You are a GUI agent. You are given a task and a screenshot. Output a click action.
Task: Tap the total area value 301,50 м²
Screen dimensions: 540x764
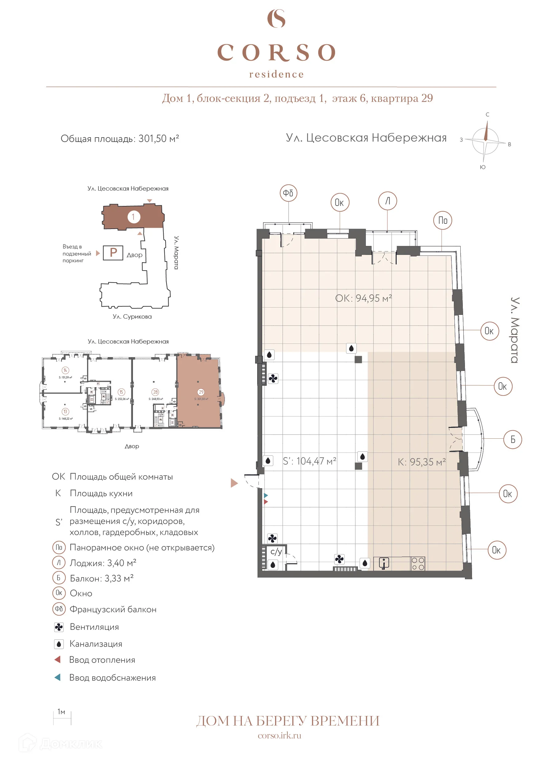pos(158,139)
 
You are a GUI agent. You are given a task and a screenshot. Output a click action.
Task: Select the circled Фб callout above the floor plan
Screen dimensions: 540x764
pos(288,193)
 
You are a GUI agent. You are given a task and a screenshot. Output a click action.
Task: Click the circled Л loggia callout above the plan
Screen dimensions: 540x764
pos(387,201)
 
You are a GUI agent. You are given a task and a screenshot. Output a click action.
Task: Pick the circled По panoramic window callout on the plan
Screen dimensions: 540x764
pos(442,220)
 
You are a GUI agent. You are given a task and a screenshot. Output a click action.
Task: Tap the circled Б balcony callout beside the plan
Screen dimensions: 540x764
pos(512,439)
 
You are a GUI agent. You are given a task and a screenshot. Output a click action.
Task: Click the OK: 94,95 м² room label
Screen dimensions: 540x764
pos(363,298)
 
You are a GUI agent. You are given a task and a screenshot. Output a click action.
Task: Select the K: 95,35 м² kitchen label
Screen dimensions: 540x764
pos(421,462)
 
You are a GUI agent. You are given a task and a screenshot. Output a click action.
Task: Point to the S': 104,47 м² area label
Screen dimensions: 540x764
pos(309,461)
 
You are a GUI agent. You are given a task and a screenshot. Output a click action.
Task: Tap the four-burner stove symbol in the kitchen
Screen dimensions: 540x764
pos(418,564)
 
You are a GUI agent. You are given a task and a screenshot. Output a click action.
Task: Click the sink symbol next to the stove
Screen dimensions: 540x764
pos(384,563)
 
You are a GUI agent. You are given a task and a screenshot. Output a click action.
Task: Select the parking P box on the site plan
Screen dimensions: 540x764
pos(113,253)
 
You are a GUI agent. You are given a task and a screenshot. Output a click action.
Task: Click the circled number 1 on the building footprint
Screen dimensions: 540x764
pos(134,217)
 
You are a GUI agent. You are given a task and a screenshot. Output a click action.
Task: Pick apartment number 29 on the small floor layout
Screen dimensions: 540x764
pos(201,392)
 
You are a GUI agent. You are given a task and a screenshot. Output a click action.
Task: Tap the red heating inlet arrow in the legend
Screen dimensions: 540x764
pos(57,660)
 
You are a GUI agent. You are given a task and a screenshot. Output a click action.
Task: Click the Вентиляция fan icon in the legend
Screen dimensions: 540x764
pos(58,627)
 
